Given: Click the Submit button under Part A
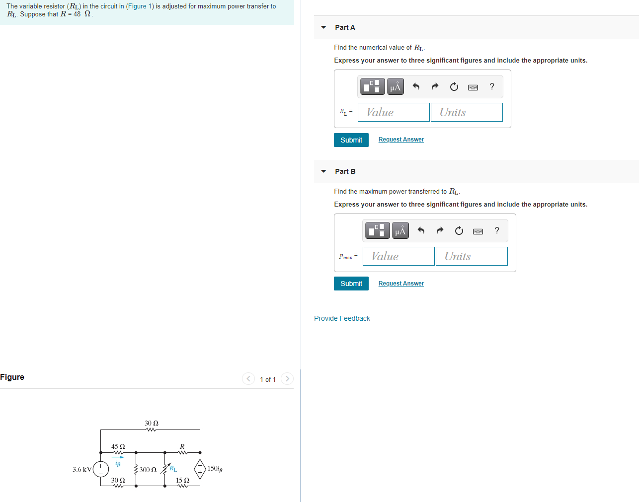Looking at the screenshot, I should pyautogui.click(x=351, y=140).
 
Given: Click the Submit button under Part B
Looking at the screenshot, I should pyautogui.click(x=351, y=284).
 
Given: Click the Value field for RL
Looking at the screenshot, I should pyautogui.click(x=393, y=112).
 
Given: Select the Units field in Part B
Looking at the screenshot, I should pyautogui.click(x=471, y=256).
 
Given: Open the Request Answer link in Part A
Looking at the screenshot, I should pyautogui.click(x=401, y=140).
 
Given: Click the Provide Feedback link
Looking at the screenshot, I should pyautogui.click(x=342, y=318).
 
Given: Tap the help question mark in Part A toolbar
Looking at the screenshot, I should pyautogui.click(x=492, y=86).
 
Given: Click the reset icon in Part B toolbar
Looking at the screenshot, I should pyautogui.click(x=459, y=230).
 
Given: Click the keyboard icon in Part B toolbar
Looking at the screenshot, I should pyautogui.click(x=478, y=231).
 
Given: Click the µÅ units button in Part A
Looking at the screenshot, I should pyautogui.click(x=395, y=87).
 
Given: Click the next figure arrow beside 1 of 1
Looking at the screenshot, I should pyautogui.click(x=287, y=379).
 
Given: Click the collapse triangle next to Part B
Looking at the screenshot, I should pyautogui.click(x=323, y=171).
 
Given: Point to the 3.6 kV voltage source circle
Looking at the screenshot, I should pyautogui.click(x=101, y=469).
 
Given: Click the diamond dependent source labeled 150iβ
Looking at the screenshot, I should pyautogui.click(x=200, y=469).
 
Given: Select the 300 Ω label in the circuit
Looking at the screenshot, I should pyautogui.click(x=148, y=470).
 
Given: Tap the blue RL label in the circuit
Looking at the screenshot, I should pyautogui.click(x=173, y=469).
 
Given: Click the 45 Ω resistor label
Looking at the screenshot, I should pyautogui.click(x=118, y=446).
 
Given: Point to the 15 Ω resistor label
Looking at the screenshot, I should pyautogui.click(x=182, y=480).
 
